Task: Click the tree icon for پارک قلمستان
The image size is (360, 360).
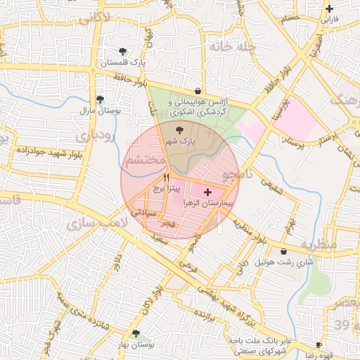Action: (x=123, y=51)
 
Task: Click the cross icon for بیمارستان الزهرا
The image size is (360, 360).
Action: (x=207, y=192)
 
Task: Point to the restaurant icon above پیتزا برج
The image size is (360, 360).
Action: (x=166, y=176)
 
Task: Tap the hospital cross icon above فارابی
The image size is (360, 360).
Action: (x=329, y=9)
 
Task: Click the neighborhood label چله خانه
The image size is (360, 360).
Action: (x=225, y=46)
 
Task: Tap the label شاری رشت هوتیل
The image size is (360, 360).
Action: (x=283, y=262)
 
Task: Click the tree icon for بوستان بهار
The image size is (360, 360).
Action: (x=136, y=333)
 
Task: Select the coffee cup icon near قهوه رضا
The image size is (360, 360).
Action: (x=318, y=345)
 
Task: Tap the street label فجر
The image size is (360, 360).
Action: (x=167, y=224)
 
